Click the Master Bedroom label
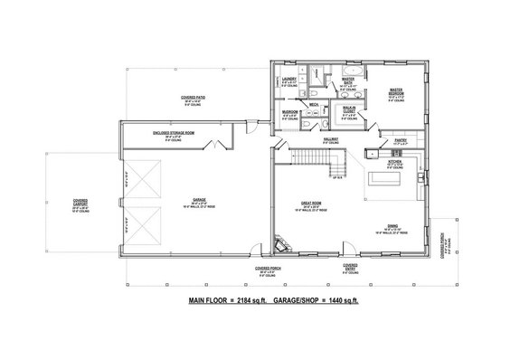pos(395,90)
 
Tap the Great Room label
pos(313,203)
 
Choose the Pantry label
pos(401,140)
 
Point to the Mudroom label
pos(288,115)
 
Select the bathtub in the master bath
pos(353,70)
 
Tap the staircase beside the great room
pos(325,163)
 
